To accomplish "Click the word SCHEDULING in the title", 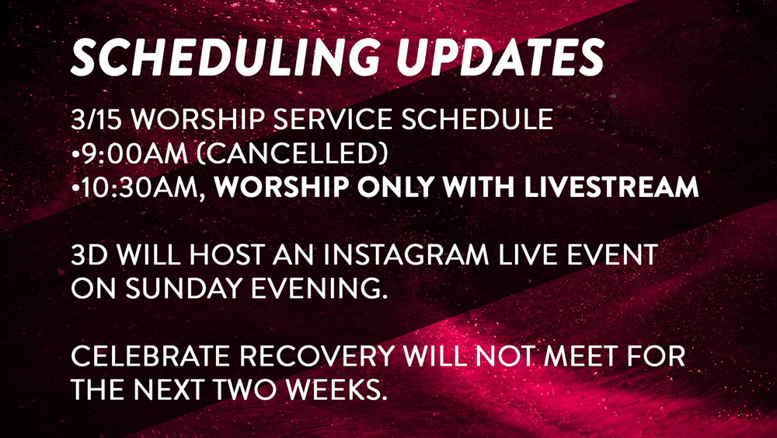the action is tap(226, 58).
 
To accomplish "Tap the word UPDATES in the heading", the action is tap(500, 58).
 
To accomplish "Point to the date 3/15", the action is tap(96, 119).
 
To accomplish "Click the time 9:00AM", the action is tap(134, 153).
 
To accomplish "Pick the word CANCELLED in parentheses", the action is tap(292, 153).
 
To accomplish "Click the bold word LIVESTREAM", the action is tap(611, 187).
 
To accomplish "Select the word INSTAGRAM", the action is tap(406, 254).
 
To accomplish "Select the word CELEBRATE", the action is tap(151, 356).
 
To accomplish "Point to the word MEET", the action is tap(580, 356).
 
